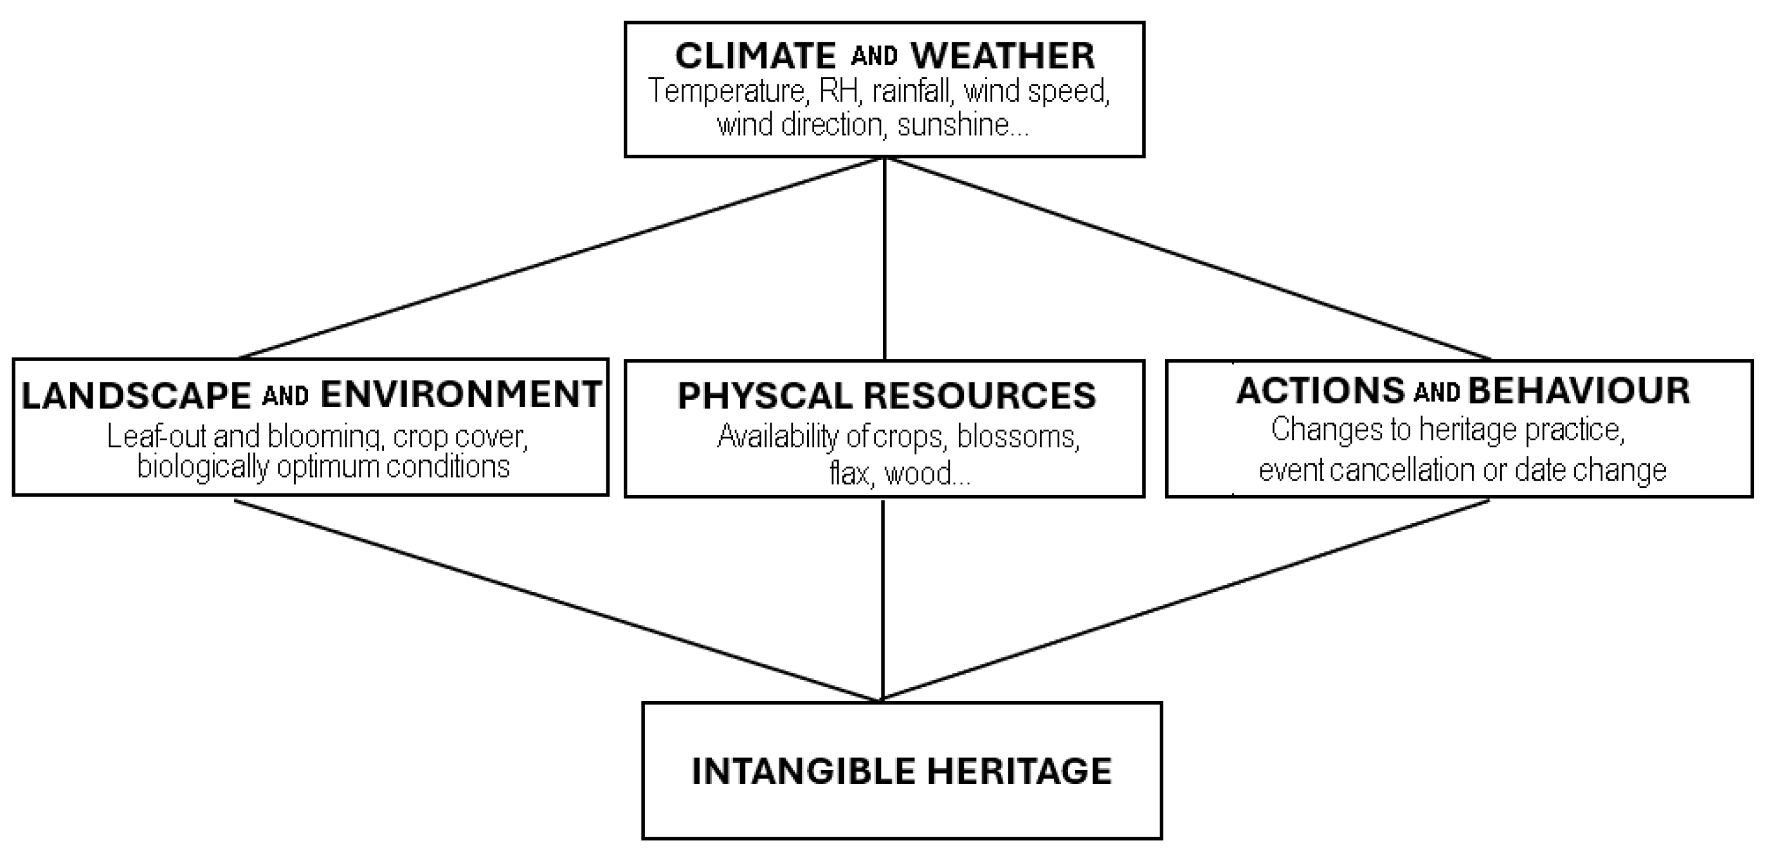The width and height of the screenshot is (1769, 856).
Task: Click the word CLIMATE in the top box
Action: pos(755,57)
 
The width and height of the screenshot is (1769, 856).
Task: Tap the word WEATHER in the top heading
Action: pos(1002,57)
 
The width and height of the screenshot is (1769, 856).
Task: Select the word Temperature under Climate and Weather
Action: pos(727,91)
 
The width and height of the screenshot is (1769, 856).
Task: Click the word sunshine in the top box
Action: pos(963,125)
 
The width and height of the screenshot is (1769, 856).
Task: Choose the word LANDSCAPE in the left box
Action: pos(136,395)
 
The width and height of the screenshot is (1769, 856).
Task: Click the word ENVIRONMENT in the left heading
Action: pos(461,394)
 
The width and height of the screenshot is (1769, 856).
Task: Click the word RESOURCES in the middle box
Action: pos(979,396)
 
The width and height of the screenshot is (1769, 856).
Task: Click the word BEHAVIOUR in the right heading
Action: pos(1578,391)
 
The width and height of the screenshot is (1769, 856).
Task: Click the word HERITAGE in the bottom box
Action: pos(1019,771)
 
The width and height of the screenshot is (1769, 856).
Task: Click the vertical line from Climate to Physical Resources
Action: pos(885,258)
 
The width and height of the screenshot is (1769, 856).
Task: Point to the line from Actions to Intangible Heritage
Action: pos(1185,600)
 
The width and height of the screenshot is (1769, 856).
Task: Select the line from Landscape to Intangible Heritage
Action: pos(558,600)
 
